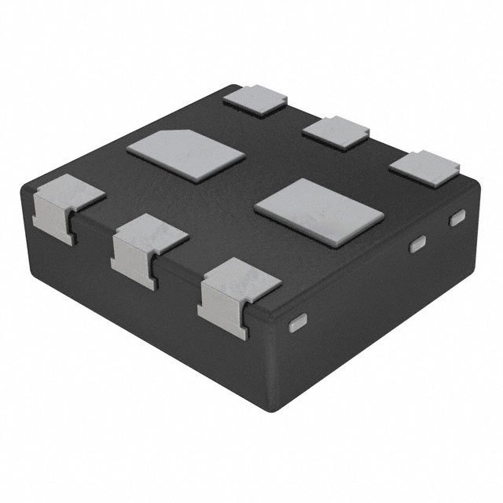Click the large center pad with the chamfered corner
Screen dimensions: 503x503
point(185,152)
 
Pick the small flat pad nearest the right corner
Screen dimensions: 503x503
point(424,167)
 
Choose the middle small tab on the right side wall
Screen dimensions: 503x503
point(418,244)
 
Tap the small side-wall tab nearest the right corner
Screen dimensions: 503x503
point(457,219)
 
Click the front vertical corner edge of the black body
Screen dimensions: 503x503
point(271,369)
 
